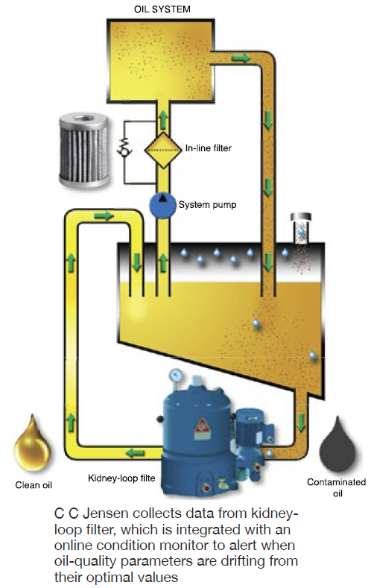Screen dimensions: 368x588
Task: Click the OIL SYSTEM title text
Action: click(162, 9)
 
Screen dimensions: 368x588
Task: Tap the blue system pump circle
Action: click(162, 205)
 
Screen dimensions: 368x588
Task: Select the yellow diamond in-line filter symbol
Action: click(163, 150)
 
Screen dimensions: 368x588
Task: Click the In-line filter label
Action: click(209, 148)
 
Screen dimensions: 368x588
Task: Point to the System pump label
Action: click(207, 205)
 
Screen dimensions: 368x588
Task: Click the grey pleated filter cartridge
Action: click(84, 150)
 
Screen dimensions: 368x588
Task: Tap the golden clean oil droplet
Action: click(32, 443)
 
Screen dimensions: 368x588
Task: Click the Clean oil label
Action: click(34, 485)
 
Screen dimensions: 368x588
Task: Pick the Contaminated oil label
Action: click(337, 487)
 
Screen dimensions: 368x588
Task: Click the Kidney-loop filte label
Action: click(121, 478)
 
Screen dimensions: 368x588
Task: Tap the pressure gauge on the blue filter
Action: click(176, 374)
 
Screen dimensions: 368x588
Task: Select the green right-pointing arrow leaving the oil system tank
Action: click(241, 58)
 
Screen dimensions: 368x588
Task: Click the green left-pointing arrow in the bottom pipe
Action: click(136, 453)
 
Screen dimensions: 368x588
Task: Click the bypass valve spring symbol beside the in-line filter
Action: click(124, 147)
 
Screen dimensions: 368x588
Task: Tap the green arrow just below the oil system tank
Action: click(162, 120)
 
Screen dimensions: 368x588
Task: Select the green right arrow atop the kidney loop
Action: click(104, 215)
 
